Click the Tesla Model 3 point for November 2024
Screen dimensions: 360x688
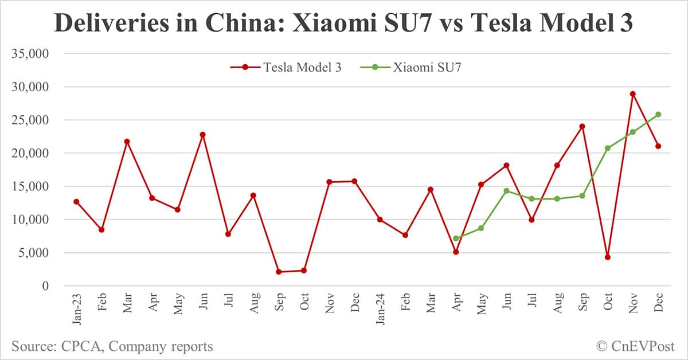tap(632, 94)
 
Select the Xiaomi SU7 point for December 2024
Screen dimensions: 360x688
tap(658, 115)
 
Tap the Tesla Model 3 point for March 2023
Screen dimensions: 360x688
tap(127, 142)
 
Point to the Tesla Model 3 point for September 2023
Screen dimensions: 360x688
tap(279, 272)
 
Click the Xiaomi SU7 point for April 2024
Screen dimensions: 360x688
tap(456, 238)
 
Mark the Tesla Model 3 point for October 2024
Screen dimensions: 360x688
tap(607, 257)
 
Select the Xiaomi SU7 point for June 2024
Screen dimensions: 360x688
tap(506, 191)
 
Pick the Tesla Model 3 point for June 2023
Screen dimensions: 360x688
tap(202, 135)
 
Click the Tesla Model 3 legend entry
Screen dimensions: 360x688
tap(286, 67)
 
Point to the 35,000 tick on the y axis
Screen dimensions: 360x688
tap(32, 54)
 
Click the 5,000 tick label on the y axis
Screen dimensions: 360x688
tap(36, 253)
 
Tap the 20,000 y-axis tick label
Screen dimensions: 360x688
tap(32, 154)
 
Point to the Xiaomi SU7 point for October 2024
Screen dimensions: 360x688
tap(607, 148)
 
